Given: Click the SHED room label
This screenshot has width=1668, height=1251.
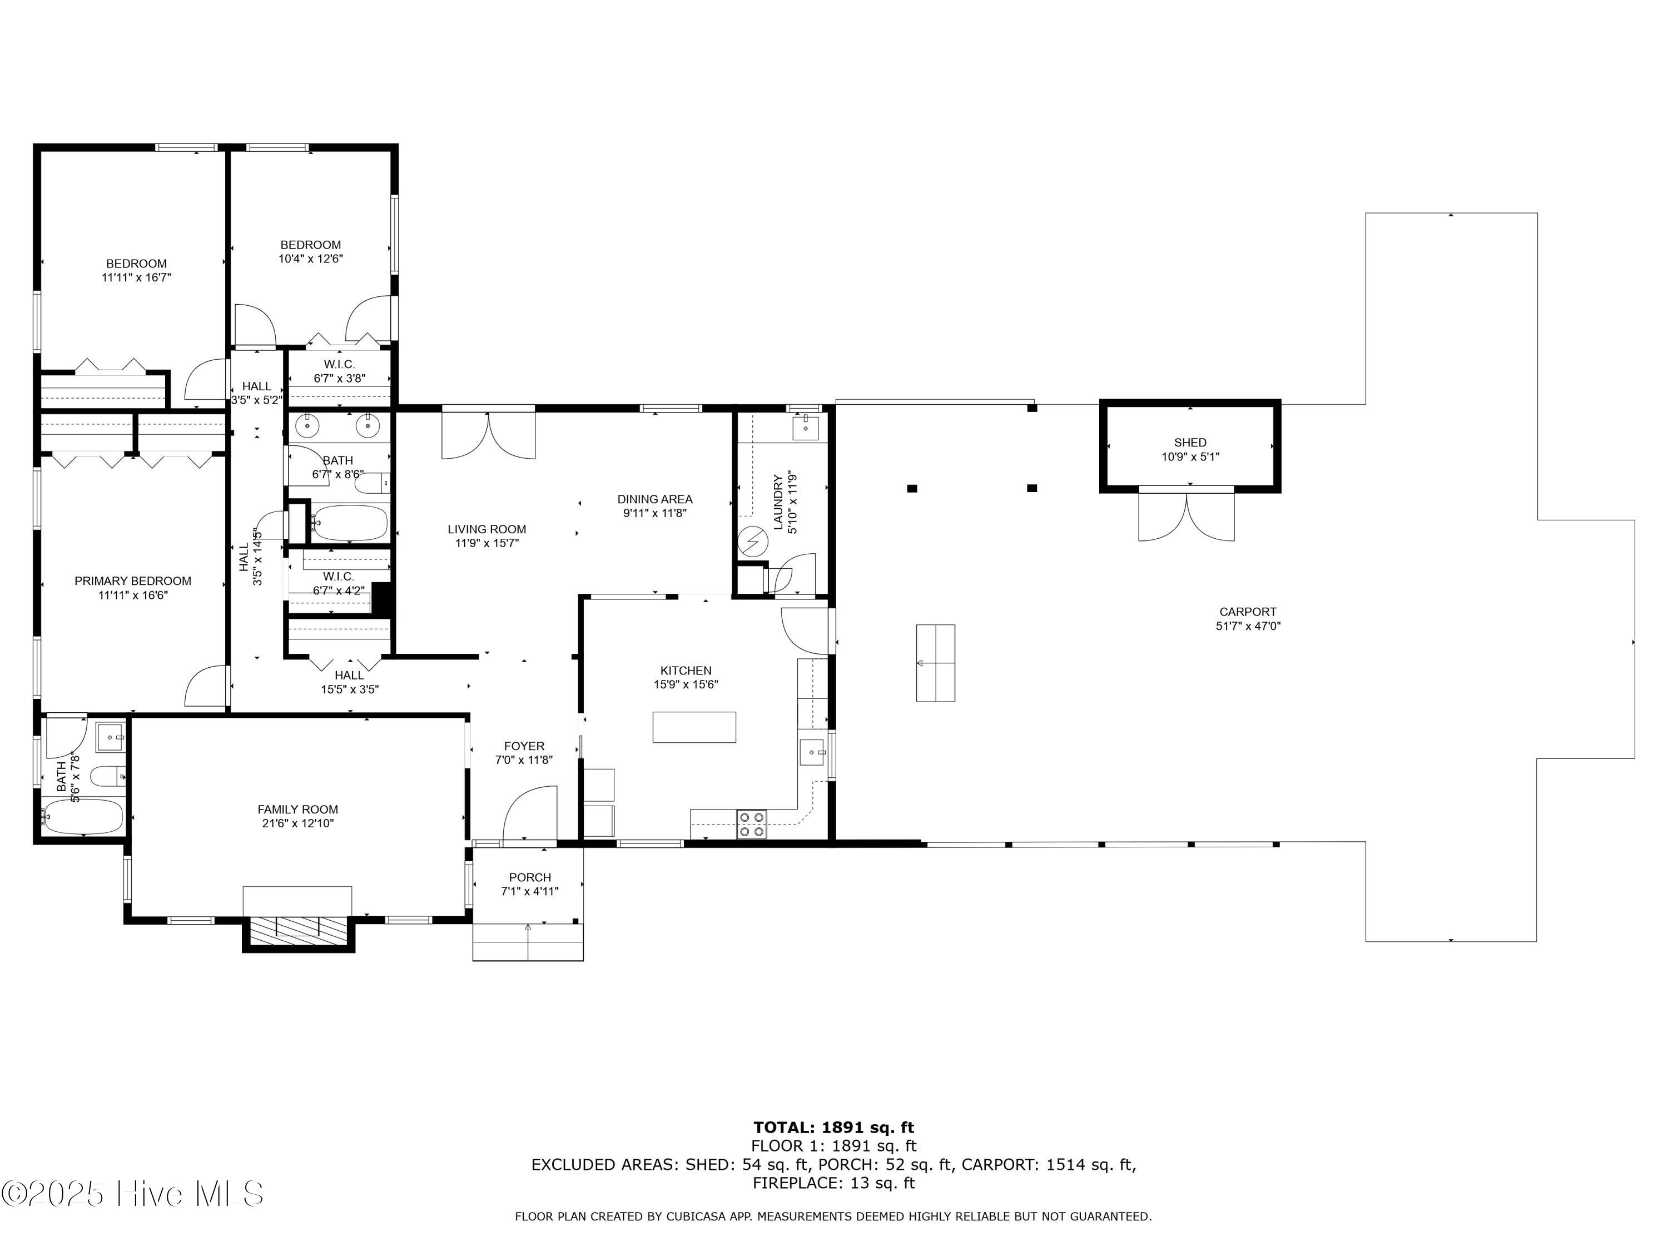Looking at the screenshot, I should click(x=1189, y=443).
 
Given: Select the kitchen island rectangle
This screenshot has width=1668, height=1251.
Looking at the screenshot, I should click(x=694, y=727).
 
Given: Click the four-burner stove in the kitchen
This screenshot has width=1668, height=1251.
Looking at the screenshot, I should click(x=751, y=824).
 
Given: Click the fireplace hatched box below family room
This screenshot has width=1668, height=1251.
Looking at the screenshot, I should click(x=298, y=927).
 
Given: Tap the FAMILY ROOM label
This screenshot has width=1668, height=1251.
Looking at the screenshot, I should click(x=298, y=809).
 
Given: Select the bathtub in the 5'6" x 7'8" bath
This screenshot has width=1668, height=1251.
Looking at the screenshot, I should click(x=83, y=817).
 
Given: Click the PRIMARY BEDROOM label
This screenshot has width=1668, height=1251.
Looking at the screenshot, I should click(x=133, y=580).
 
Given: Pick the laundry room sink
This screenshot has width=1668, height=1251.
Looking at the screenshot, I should click(x=805, y=427).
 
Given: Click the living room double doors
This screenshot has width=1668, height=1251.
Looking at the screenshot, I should click(x=489, y=436).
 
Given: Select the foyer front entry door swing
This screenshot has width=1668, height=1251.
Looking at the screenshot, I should click(x=530, y=815).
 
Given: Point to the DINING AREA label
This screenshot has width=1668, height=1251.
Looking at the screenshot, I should click(x=654, y=499).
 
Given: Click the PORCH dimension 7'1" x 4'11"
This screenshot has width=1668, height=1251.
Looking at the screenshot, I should click(x=529, y=891).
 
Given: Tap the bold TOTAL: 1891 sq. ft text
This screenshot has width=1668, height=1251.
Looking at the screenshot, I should click(x=833, y=1128).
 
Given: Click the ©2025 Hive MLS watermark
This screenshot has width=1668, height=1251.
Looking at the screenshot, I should click(x=132, y=1194).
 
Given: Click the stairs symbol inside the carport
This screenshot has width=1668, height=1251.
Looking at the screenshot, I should click(x=935, y=663).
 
